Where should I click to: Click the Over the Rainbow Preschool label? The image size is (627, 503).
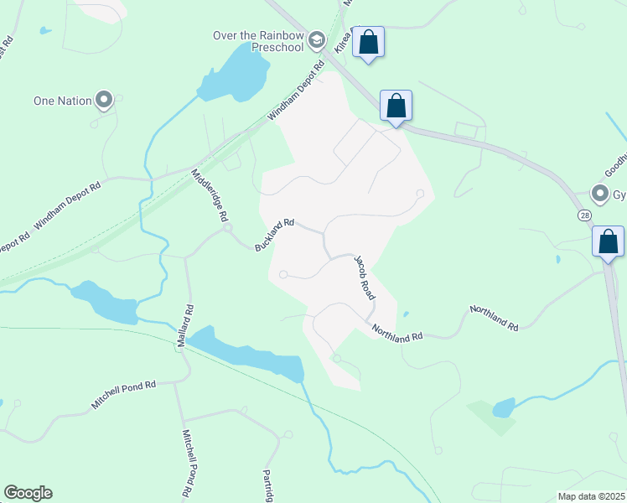[x=259, y=41]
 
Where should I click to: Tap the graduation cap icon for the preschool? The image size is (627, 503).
[x=316, y=39]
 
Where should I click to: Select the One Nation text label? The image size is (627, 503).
[x=61, y=101]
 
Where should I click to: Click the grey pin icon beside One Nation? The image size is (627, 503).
[x=105, y=100]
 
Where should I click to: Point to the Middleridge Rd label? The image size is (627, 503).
[x=210, y=194]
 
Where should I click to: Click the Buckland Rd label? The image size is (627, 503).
[x=275, y=235]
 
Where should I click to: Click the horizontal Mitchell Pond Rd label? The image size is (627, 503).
[x=124, y=396]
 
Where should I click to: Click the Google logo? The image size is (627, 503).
[x=28, y=493]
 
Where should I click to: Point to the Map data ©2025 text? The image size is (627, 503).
[x=592, y=496]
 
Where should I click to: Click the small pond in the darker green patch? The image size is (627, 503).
[x=503, y=407]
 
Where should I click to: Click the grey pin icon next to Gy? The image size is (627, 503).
[x=599, y=194]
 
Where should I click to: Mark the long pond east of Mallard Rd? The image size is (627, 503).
[x=247, y=353]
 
